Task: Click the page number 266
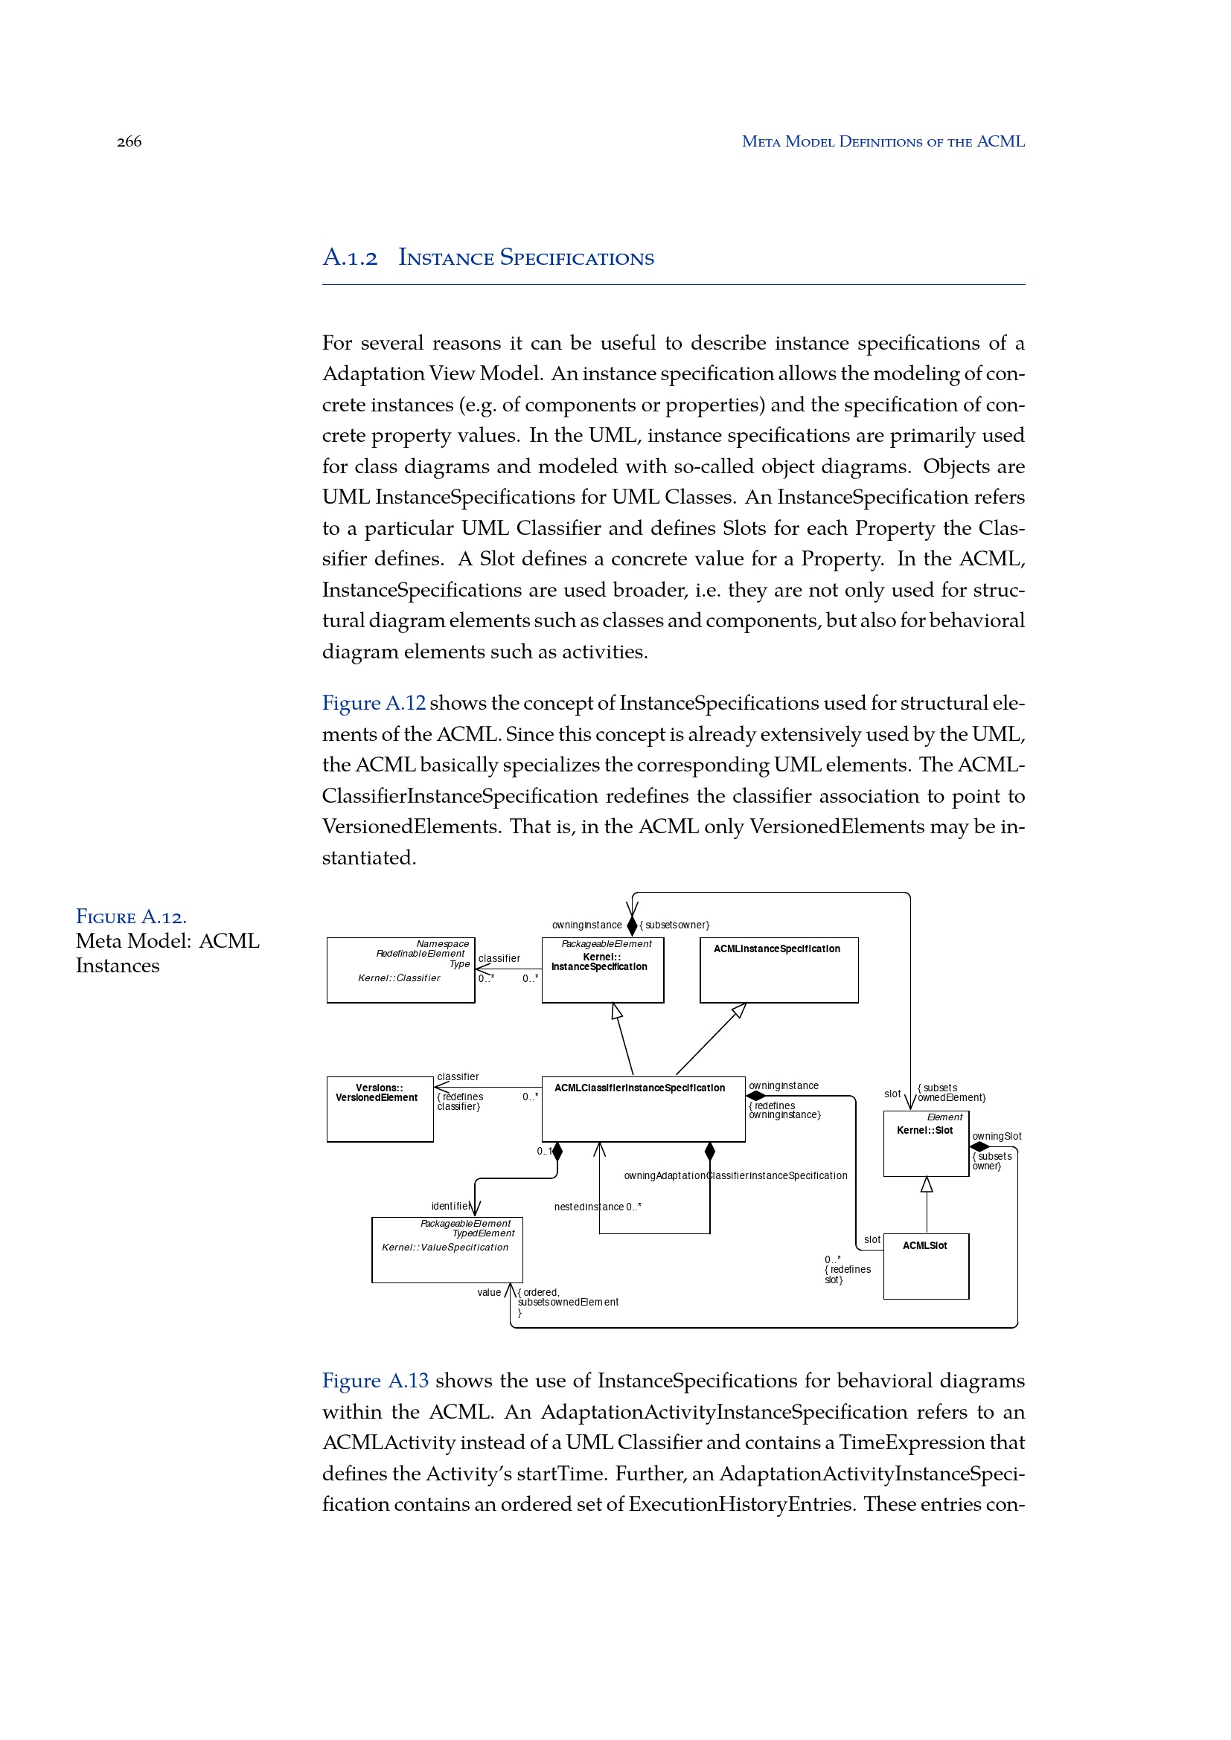129,142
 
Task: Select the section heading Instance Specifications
525,258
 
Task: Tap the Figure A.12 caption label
131,917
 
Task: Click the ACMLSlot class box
926,1266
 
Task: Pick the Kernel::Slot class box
926,1143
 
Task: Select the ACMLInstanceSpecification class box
778,970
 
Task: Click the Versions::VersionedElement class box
380,1108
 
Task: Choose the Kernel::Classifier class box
400,970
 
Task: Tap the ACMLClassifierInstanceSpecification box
643,1108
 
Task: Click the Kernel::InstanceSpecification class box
603,970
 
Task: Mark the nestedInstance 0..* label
598,1207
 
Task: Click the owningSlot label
997,1136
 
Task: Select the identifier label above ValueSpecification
450,1206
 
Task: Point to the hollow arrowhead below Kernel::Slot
927,1184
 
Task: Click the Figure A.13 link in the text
375,1381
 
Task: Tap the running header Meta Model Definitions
883,142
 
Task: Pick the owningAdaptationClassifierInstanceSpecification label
735,1175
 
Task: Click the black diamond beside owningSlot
979,1146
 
